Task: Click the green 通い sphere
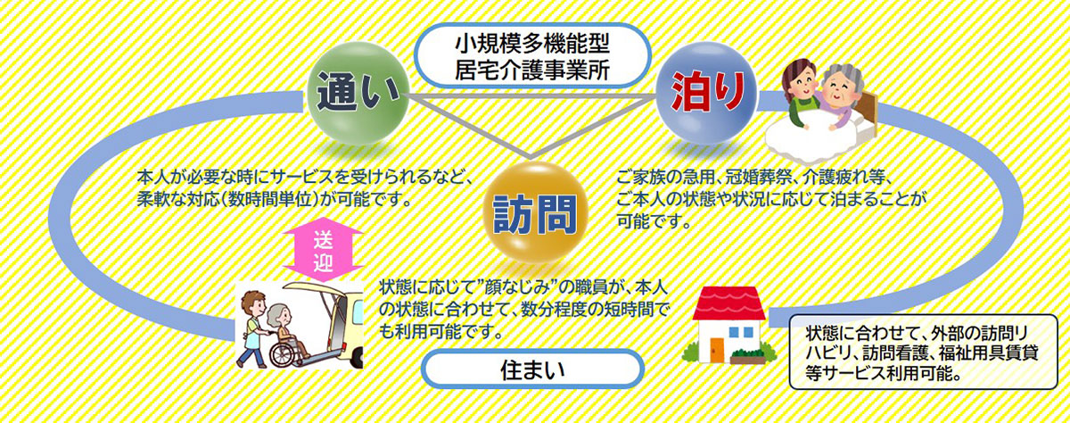[358, 93]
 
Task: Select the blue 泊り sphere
[707, 93]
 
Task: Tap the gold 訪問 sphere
[534, 212]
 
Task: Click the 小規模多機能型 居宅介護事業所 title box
[532, 56]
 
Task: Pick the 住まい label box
[532, 369]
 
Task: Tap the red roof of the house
[729, 303]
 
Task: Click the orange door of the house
[717, 350]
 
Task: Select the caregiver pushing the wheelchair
[251, 330]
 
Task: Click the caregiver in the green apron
[802, 95]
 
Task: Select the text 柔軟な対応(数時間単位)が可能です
[275, 199]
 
